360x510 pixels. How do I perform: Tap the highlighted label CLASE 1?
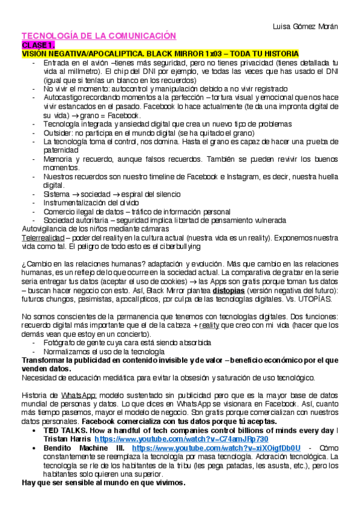pyautogui.click(x=39, y=45)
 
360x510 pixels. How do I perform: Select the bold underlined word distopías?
pyautogui.click(x=228, y=290)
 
